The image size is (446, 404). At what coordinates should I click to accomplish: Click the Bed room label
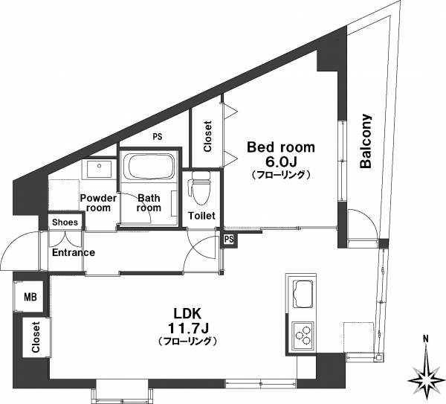(x=281, y=147)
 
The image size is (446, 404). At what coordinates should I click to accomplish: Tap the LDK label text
(x=188, y=314)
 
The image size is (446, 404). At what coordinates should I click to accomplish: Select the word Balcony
(x=366, y=141)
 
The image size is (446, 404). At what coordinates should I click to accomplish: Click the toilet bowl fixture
(x=201, y=188)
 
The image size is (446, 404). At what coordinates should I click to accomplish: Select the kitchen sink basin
(x=303, y=294)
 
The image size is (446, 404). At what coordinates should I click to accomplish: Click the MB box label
(x=30, y=298)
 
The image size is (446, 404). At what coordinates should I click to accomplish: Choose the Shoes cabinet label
(x=65, y=222)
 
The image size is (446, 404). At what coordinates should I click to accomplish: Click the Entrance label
(x=74, y=252)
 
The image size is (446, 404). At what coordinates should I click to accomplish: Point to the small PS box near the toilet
(x=229, y=239)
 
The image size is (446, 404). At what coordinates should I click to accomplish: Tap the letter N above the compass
(x=426, y=339)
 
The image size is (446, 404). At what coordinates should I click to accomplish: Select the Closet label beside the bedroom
(x=208, y=136)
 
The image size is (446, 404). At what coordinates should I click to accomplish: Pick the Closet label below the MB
(x=35, y=337)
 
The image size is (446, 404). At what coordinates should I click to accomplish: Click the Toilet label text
(x=201, y=216)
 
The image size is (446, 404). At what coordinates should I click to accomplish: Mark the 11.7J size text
(x=188, y=328)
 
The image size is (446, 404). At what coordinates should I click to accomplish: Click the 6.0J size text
(x=281, y=161)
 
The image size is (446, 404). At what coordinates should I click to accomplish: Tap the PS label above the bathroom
(x=158, y=137)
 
